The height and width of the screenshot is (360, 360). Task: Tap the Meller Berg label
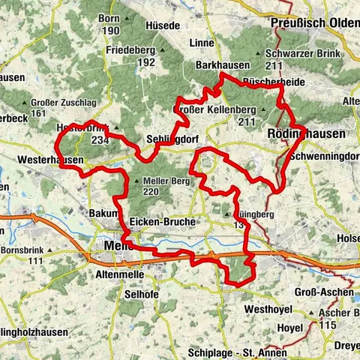[x=154, y=181]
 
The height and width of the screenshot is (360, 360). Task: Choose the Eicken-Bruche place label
[x=162, y=223]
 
